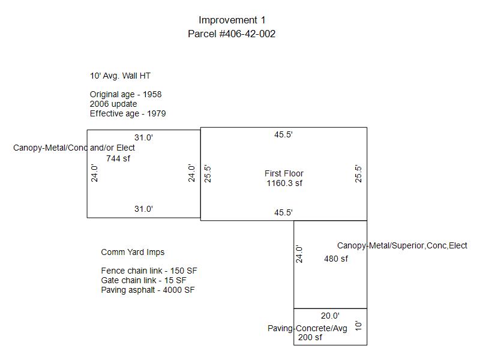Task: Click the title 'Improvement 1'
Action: [x=232, y=20]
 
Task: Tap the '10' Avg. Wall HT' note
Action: [x=120, y=76]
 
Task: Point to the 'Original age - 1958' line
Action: [x=125, y=94]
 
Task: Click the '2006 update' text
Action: [x=113, y=104]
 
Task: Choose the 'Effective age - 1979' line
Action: [x=128, y=113]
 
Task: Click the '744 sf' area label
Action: [x=118, y=158]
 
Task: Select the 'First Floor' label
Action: [x=284, y=173]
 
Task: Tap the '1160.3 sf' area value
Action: [x=284, y=184]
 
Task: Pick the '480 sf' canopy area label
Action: [x=336, y=259]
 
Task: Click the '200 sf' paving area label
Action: [x=310, y=337]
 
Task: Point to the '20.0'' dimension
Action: [x=330, y=316]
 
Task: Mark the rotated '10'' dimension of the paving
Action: [x=358, y=325]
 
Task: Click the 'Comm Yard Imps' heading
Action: [x=133, y=252]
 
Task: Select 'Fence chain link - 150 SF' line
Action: [x=149, y=271]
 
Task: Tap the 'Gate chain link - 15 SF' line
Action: [x=143, y=280]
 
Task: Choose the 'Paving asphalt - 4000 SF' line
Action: [x=148, y=290]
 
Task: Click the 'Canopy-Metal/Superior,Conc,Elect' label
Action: [x=402, y=245]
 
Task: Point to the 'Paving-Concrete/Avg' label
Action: [x=307, y=328]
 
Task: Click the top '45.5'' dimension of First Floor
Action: [x=283, y=134]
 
